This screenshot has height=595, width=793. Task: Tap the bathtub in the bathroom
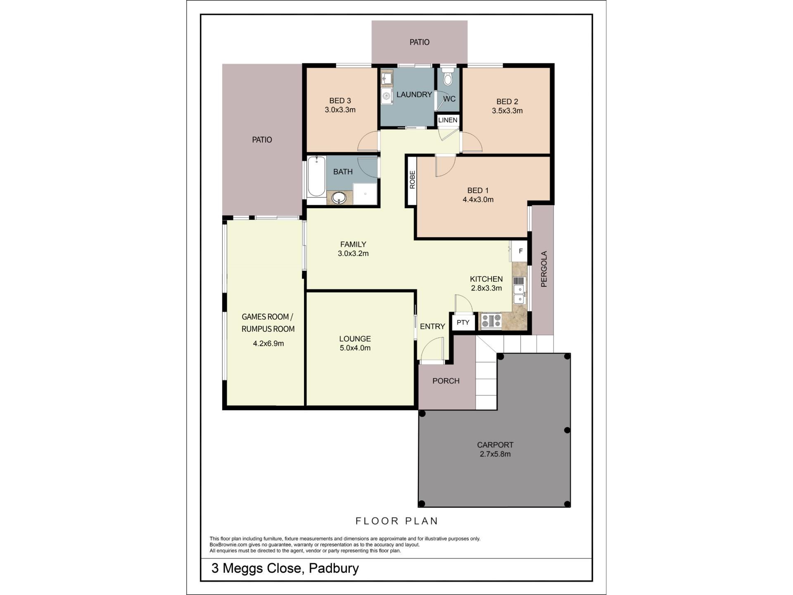click(317, 177)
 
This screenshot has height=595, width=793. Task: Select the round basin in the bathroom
click(339, 198)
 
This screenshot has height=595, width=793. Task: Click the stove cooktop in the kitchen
click(491, 321)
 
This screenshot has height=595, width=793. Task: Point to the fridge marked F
click(520, 251)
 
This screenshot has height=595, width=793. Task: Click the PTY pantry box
click(463, 322)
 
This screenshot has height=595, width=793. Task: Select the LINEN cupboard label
click(448, 120)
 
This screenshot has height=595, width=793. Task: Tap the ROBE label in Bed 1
click(412, 180)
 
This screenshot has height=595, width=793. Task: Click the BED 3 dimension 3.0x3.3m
click(340, 110)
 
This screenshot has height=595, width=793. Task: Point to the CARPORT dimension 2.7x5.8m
click(495, 454)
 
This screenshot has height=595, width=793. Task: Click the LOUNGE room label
click(355, 339)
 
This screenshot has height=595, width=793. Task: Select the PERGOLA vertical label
click(544, 269)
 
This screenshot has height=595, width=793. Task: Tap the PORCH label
click(446, 381)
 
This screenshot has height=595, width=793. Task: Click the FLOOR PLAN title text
click(397, 521)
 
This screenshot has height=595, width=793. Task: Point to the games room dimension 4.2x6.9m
click(268, 343)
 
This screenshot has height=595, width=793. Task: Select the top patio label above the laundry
click(419, 42)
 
